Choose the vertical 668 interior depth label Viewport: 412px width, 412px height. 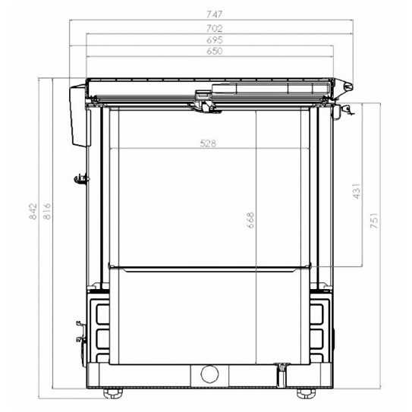point(250,225)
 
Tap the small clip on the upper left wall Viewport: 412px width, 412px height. point(79,178)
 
